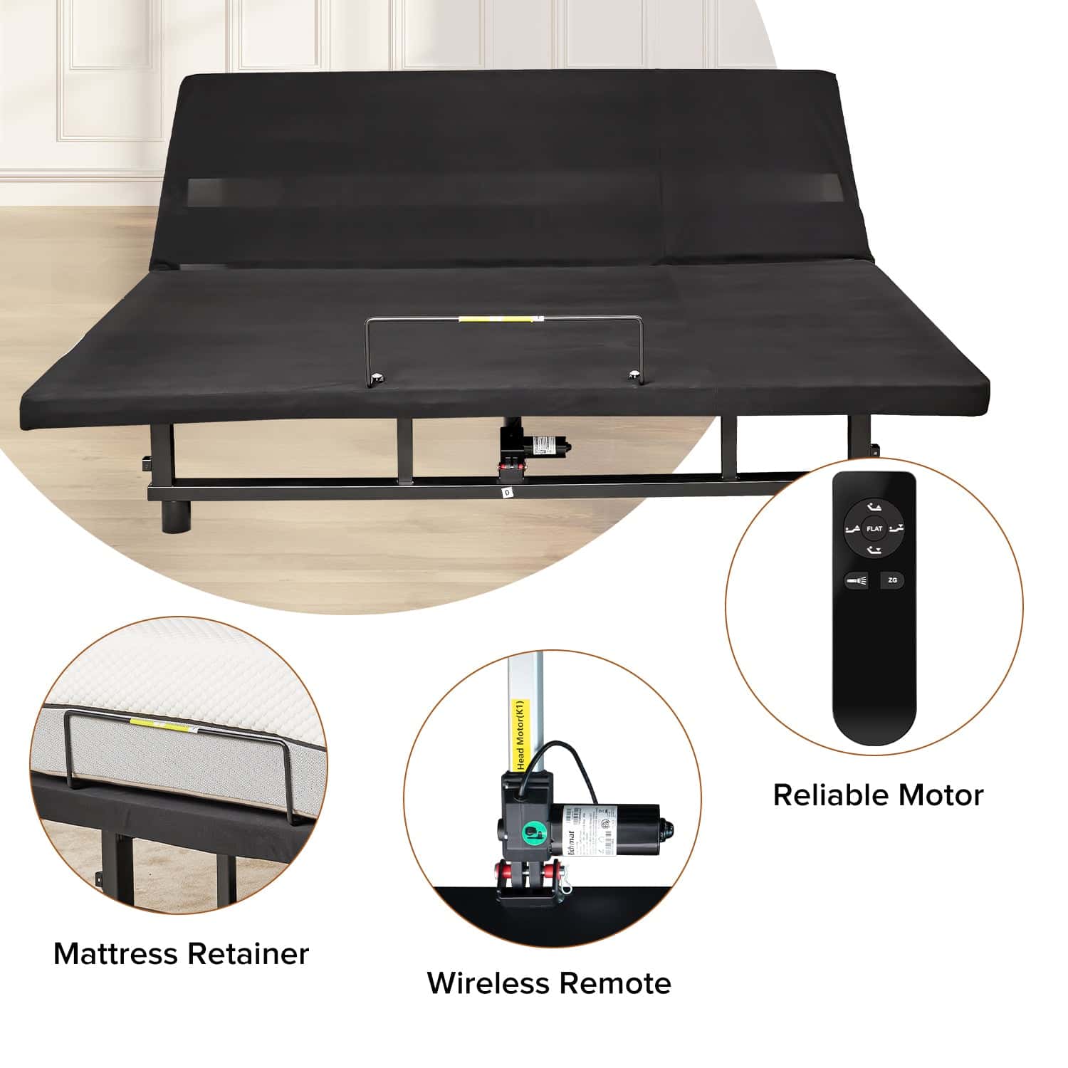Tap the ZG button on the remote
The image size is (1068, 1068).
(892, 580)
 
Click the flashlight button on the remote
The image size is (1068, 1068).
(857, 581)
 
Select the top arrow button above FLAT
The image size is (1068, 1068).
(874, 507)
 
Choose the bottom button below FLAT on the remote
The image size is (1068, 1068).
(874, 550)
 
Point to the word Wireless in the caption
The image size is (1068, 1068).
(488, 983)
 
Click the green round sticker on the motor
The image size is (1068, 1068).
(530, 832)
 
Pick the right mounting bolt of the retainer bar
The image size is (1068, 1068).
(633, 373)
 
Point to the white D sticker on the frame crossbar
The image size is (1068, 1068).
(506, 491)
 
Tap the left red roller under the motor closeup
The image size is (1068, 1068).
(503, 871)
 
